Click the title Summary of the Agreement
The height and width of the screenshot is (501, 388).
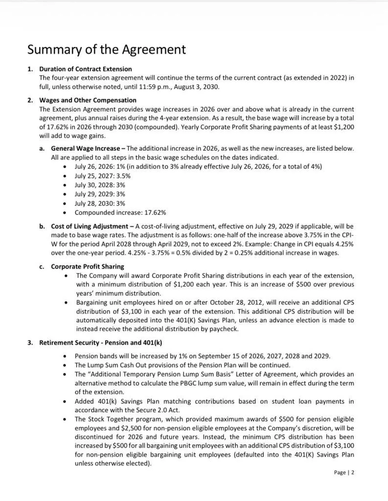(x=106, y=49)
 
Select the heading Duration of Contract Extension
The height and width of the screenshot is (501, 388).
(x=85, y=69)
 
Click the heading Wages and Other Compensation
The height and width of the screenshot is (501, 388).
(x=88, y=100)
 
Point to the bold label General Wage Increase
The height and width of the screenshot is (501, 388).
(x=85, y=148)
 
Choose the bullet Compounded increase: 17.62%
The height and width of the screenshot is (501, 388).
(x=120, y=212)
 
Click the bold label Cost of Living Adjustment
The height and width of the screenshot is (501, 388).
(x=91, y=227)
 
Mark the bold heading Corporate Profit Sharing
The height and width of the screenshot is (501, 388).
(x=88, y=267)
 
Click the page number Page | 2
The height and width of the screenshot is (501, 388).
(x=344, y=473)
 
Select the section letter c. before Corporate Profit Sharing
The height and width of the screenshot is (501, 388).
(x=42, y=267)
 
